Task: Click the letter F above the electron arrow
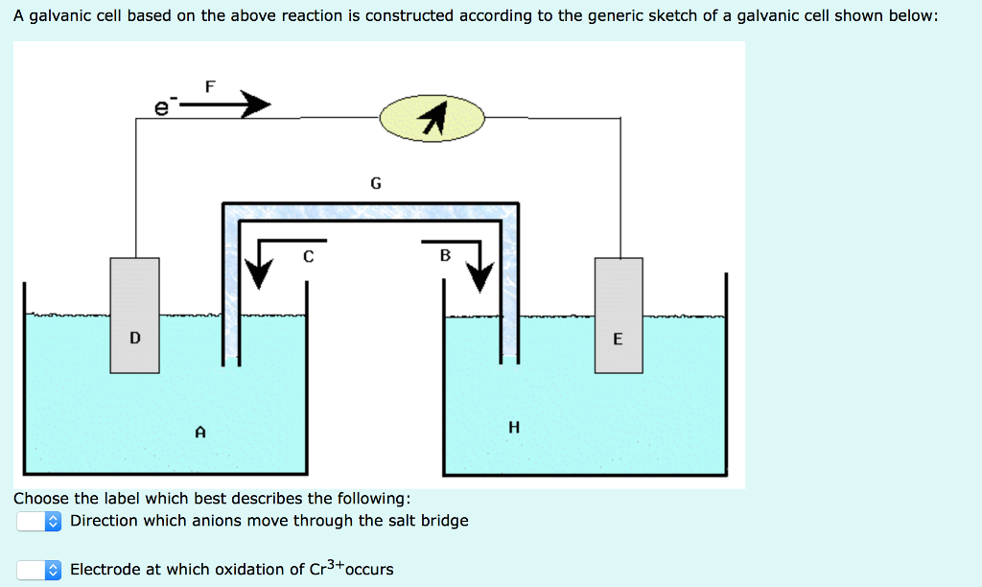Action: click(211, 86)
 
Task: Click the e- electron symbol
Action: click(164, 108)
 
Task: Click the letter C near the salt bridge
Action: click(308, 256)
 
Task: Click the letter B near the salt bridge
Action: click(444, 255)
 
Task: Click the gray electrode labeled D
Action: click(134, 315)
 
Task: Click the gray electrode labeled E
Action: click(619, 315)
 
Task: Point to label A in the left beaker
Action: click(199, 433)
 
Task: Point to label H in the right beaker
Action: click(514, 428)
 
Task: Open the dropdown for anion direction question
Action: click(40, 521)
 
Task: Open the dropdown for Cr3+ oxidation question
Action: click(40, 570)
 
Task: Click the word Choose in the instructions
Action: click(41, 499)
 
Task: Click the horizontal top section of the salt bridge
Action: click(370, 211)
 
